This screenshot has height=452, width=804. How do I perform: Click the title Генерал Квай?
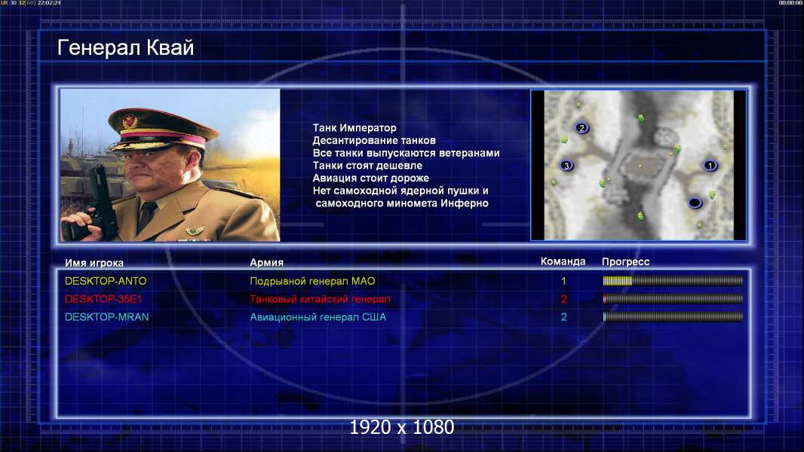point(126,47)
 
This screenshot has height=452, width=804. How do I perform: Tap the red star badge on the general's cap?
point(130,121)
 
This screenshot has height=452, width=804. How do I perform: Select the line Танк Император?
point(354,128)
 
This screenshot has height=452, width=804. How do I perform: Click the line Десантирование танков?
point(374,140)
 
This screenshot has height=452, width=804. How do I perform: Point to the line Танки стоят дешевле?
point(367,165)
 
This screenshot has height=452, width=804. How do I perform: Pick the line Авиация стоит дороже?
point(371,178)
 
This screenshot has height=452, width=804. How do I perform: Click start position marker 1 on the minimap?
point(710,165)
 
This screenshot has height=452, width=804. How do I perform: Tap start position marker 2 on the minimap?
point(582,128)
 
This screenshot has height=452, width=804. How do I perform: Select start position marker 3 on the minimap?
point(566,165)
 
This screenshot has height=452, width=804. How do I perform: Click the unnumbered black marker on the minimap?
point(695,203)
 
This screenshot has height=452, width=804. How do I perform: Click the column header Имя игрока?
point(94,263)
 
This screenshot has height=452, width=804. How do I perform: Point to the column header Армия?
point(267,262)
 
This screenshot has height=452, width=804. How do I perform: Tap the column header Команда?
point(563,261)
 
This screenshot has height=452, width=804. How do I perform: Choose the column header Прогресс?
point(625,261)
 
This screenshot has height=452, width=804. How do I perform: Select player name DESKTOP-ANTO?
point(106,281)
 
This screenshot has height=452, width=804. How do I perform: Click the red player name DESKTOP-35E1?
point(103,299)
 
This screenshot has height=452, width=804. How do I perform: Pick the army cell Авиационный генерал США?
point(318,317)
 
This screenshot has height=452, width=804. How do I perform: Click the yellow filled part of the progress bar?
point(618,281)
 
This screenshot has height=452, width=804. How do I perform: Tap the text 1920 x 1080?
point(401,427)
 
